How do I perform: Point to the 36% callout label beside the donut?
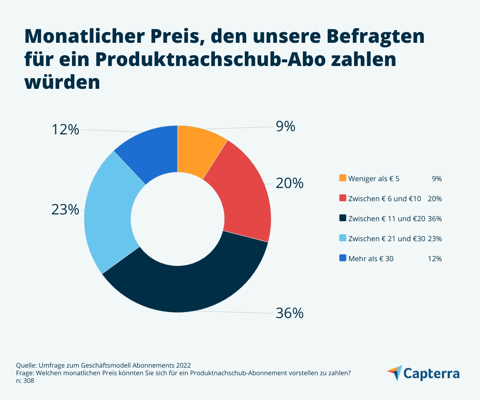(x=290, y=313)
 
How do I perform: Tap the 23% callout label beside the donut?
(x=65, y=209)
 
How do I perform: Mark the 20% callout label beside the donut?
(x=290, y=183)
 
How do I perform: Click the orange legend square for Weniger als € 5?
(x=342, y=178)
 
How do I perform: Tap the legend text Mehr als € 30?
(x=371, y=259)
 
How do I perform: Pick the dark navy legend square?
(x=342, y=218)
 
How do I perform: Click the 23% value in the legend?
(x=435, y=239)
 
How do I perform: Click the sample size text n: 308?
(x=25, y=381)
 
